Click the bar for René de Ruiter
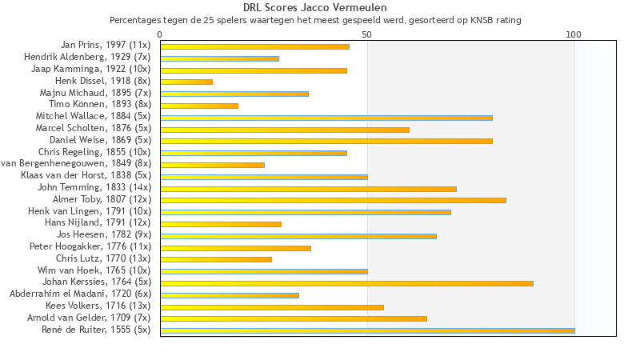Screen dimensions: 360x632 tap(367, 330)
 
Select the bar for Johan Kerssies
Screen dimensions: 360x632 tap(346, 283)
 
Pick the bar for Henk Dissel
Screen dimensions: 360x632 tap(186, 82)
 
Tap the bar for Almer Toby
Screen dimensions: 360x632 tap(333, 200)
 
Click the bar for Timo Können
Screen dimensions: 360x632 tap(199, 106)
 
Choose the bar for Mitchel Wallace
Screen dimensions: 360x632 tap(326, 118)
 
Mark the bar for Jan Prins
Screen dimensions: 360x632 tap(254, 46)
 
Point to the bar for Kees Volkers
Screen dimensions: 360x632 tap(272, 306)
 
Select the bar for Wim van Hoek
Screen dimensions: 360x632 tap(264, 271)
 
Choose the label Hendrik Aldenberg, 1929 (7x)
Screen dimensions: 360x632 tap(87, 58)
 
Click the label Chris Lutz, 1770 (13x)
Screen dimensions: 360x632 tap(103, 258)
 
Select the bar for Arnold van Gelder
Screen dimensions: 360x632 tap(294, 318)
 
